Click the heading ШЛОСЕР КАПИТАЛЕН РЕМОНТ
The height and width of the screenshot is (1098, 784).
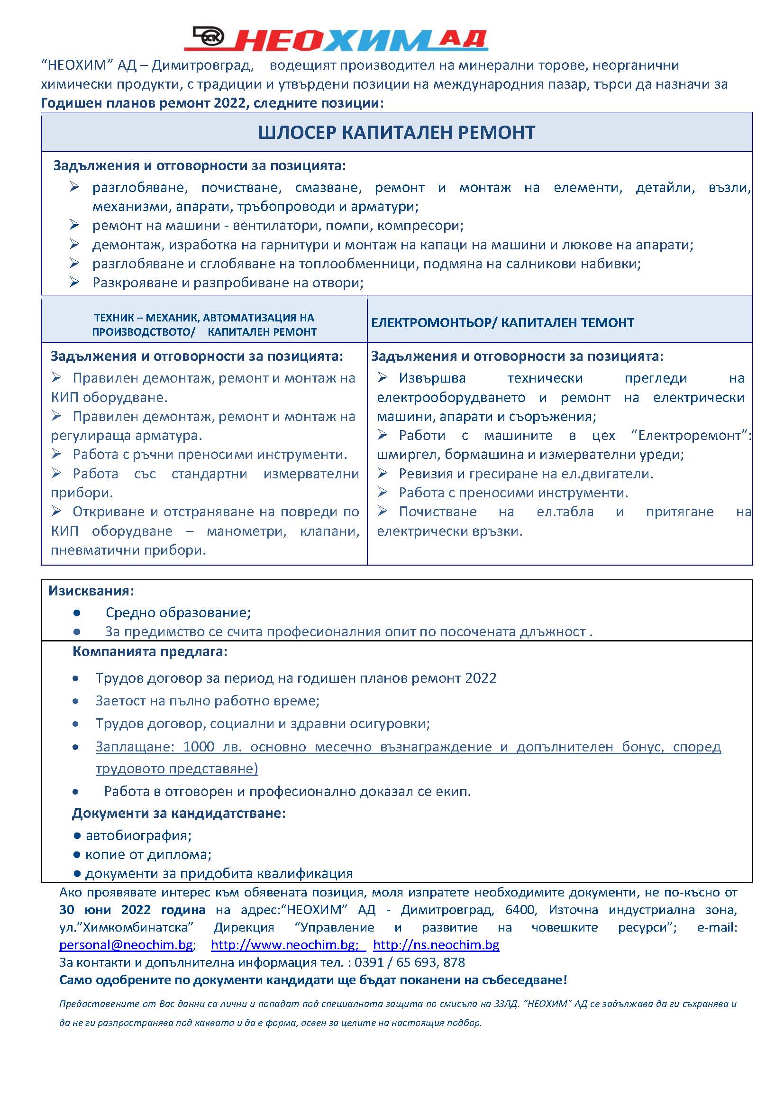coord(396,132)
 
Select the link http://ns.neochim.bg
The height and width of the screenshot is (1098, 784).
coord(436,944)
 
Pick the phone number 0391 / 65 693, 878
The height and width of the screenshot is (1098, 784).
coord(410,962)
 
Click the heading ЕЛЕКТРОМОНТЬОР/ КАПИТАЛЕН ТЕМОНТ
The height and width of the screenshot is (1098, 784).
coord(502,322)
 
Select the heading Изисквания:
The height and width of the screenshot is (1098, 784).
coord(91,591)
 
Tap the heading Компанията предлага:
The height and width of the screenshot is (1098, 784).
coord(150,651)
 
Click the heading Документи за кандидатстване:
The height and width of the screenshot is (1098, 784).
coord(179,813)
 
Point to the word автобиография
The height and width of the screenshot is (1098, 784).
coord(137,835)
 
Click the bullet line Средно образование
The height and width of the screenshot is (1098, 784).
coord(178,613)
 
